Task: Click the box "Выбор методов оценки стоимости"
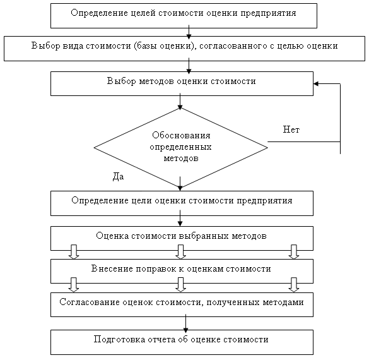click(x=182, y=83)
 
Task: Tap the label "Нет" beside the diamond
click(x=291, y=129)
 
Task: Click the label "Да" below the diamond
click(x=118, y=176)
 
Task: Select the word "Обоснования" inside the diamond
click(x=181, y=135)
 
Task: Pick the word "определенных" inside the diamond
click(x=180, y=147)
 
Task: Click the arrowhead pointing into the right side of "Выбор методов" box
click(x=316, y=83)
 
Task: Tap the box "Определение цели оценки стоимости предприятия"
click(x=182, y=203)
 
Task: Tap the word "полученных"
click(x=233, y=303)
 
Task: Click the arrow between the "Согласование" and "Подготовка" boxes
click(x=186, y=323)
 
